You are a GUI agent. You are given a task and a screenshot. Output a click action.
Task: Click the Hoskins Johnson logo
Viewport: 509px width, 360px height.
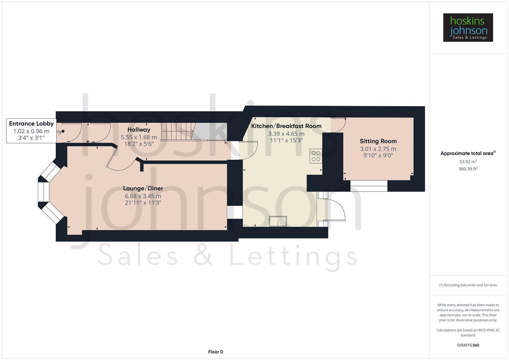coord(468,27)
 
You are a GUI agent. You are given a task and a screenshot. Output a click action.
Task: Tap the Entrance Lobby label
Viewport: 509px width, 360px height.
coord(31,124)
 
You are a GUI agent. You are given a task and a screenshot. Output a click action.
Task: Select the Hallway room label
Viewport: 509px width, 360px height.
coord(139,130)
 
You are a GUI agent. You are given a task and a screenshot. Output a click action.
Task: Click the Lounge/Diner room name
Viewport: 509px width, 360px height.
coord(143,188)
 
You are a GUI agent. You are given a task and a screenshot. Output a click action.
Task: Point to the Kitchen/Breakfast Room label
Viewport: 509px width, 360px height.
coord(286,126)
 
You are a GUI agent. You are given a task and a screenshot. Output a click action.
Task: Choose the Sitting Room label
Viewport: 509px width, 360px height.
coord(378,141)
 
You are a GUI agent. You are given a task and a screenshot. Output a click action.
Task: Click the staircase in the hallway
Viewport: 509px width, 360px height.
coord(177,131)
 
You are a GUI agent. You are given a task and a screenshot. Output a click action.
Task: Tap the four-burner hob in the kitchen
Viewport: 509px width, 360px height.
coord(316,156)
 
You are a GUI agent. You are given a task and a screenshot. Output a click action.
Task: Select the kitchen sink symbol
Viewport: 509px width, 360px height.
coord(278,221)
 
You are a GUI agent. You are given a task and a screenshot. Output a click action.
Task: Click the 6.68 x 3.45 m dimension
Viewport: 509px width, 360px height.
coord(143,196)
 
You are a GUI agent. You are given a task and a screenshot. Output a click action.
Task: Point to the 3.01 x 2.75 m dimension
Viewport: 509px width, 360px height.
coord(378,149)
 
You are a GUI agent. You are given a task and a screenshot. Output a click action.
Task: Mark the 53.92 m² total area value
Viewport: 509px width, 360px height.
coord(468,162)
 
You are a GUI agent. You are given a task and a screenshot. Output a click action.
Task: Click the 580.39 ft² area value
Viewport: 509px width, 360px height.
coord(468,169)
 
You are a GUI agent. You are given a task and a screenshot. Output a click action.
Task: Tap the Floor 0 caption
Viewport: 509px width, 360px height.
coord(215,352)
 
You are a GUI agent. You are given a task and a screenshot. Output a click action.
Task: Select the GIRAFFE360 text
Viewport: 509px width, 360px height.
coord(468,345)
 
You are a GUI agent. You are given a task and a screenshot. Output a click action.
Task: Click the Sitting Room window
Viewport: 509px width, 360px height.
coord(369,186)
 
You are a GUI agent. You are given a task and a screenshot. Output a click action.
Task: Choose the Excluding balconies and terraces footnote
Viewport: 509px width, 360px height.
coord(468,285)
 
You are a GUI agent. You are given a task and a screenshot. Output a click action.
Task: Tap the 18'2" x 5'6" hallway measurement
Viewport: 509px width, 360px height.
coord(139,144)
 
